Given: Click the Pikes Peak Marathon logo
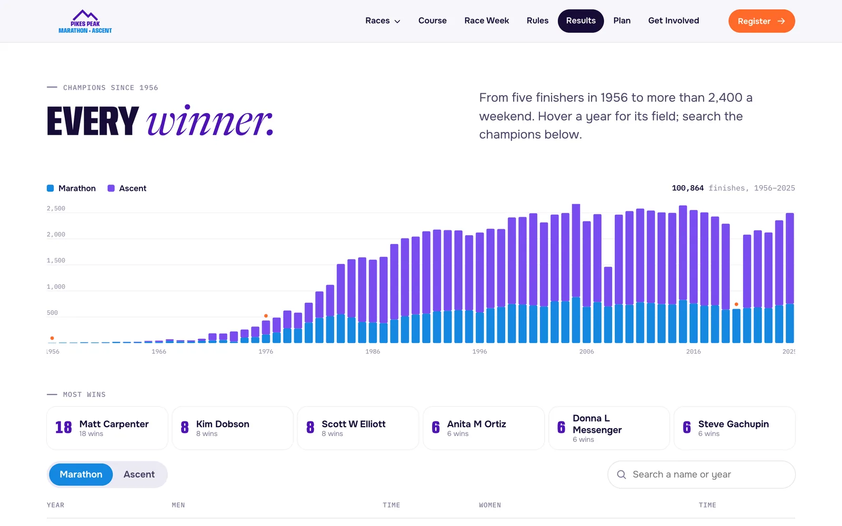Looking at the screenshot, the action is pyautogui.click(x=85, y=22).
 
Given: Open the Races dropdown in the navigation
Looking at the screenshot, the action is pyautogui.click(x=383, y=21).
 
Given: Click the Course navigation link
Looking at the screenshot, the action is pyautogui.click(x=432, y=21).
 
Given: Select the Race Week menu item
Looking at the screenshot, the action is pyautogui.click(x=486, y=21).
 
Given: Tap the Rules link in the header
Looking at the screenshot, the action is pyautogui.click(x=537, y=21).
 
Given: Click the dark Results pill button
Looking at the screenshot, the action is pyautogui.click(x=581, y=21).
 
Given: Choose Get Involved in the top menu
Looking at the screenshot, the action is pyautogui.click(x=673, y=21).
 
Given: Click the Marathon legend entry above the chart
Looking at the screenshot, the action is pyautogui.click(x=71, y=188).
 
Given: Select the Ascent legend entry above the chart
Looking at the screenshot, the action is pyautogui.click(x=127, y=188).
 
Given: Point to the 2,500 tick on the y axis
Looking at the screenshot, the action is pyautogui.click(x=56, y=208).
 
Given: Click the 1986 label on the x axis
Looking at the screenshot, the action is pyautogui.click(x=373, y=352).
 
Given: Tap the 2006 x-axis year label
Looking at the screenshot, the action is pyautogui.click(x=586, y=352).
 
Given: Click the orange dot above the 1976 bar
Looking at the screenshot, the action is pyautogui.click(x=266, y=316).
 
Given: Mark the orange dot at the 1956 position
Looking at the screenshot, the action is pyautogui.click(x=52, y=338).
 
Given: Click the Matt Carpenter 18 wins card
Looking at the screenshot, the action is pyautogui.click(x=107, y=428).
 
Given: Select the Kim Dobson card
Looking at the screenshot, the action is pyautogui.click(x=233, y=428).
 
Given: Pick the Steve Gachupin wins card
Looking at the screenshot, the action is pyautogui.click(x=735, y=428).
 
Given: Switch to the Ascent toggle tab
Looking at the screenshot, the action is pyautogui.click(x=139, y=474).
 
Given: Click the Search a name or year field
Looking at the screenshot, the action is pyautogui.click(x=701, y=474).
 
